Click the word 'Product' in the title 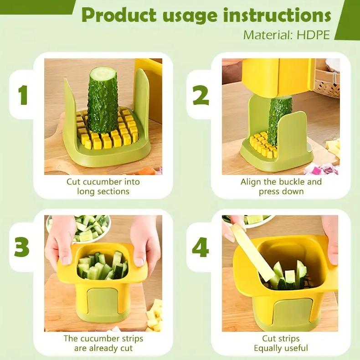tap(119, 15)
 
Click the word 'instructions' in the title tap(277, 15)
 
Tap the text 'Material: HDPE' tap(286, 35)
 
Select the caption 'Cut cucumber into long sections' tap(103, 186)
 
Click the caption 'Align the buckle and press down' tap(281, 186)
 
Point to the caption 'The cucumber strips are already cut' tap(103, 344)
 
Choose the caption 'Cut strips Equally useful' tap(281, 344)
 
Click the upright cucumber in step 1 tap(103, 103)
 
